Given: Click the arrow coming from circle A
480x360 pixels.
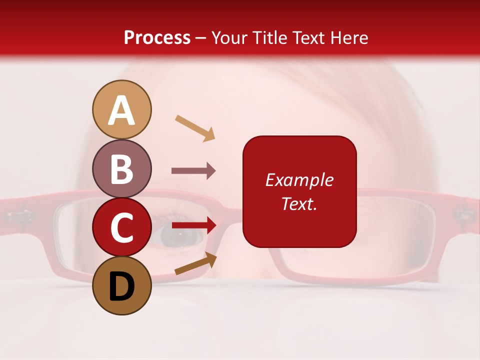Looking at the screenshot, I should click(195, 128).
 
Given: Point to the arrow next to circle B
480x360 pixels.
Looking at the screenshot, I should click(193, 171).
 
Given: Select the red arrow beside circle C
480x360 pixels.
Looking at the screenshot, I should click(194, 225).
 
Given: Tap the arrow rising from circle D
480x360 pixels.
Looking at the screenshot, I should click(195, 264).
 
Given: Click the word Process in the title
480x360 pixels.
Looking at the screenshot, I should click(157, 38).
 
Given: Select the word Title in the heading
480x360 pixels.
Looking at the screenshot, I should click(270, 38).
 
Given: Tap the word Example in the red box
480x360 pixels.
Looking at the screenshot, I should click(299, 180).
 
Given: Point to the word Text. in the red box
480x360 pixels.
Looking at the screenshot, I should click(299, 203).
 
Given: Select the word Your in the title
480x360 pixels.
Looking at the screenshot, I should click(228, 38).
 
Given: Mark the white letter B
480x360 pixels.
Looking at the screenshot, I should click(121, 169).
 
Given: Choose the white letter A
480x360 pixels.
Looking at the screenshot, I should click(121, 110).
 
